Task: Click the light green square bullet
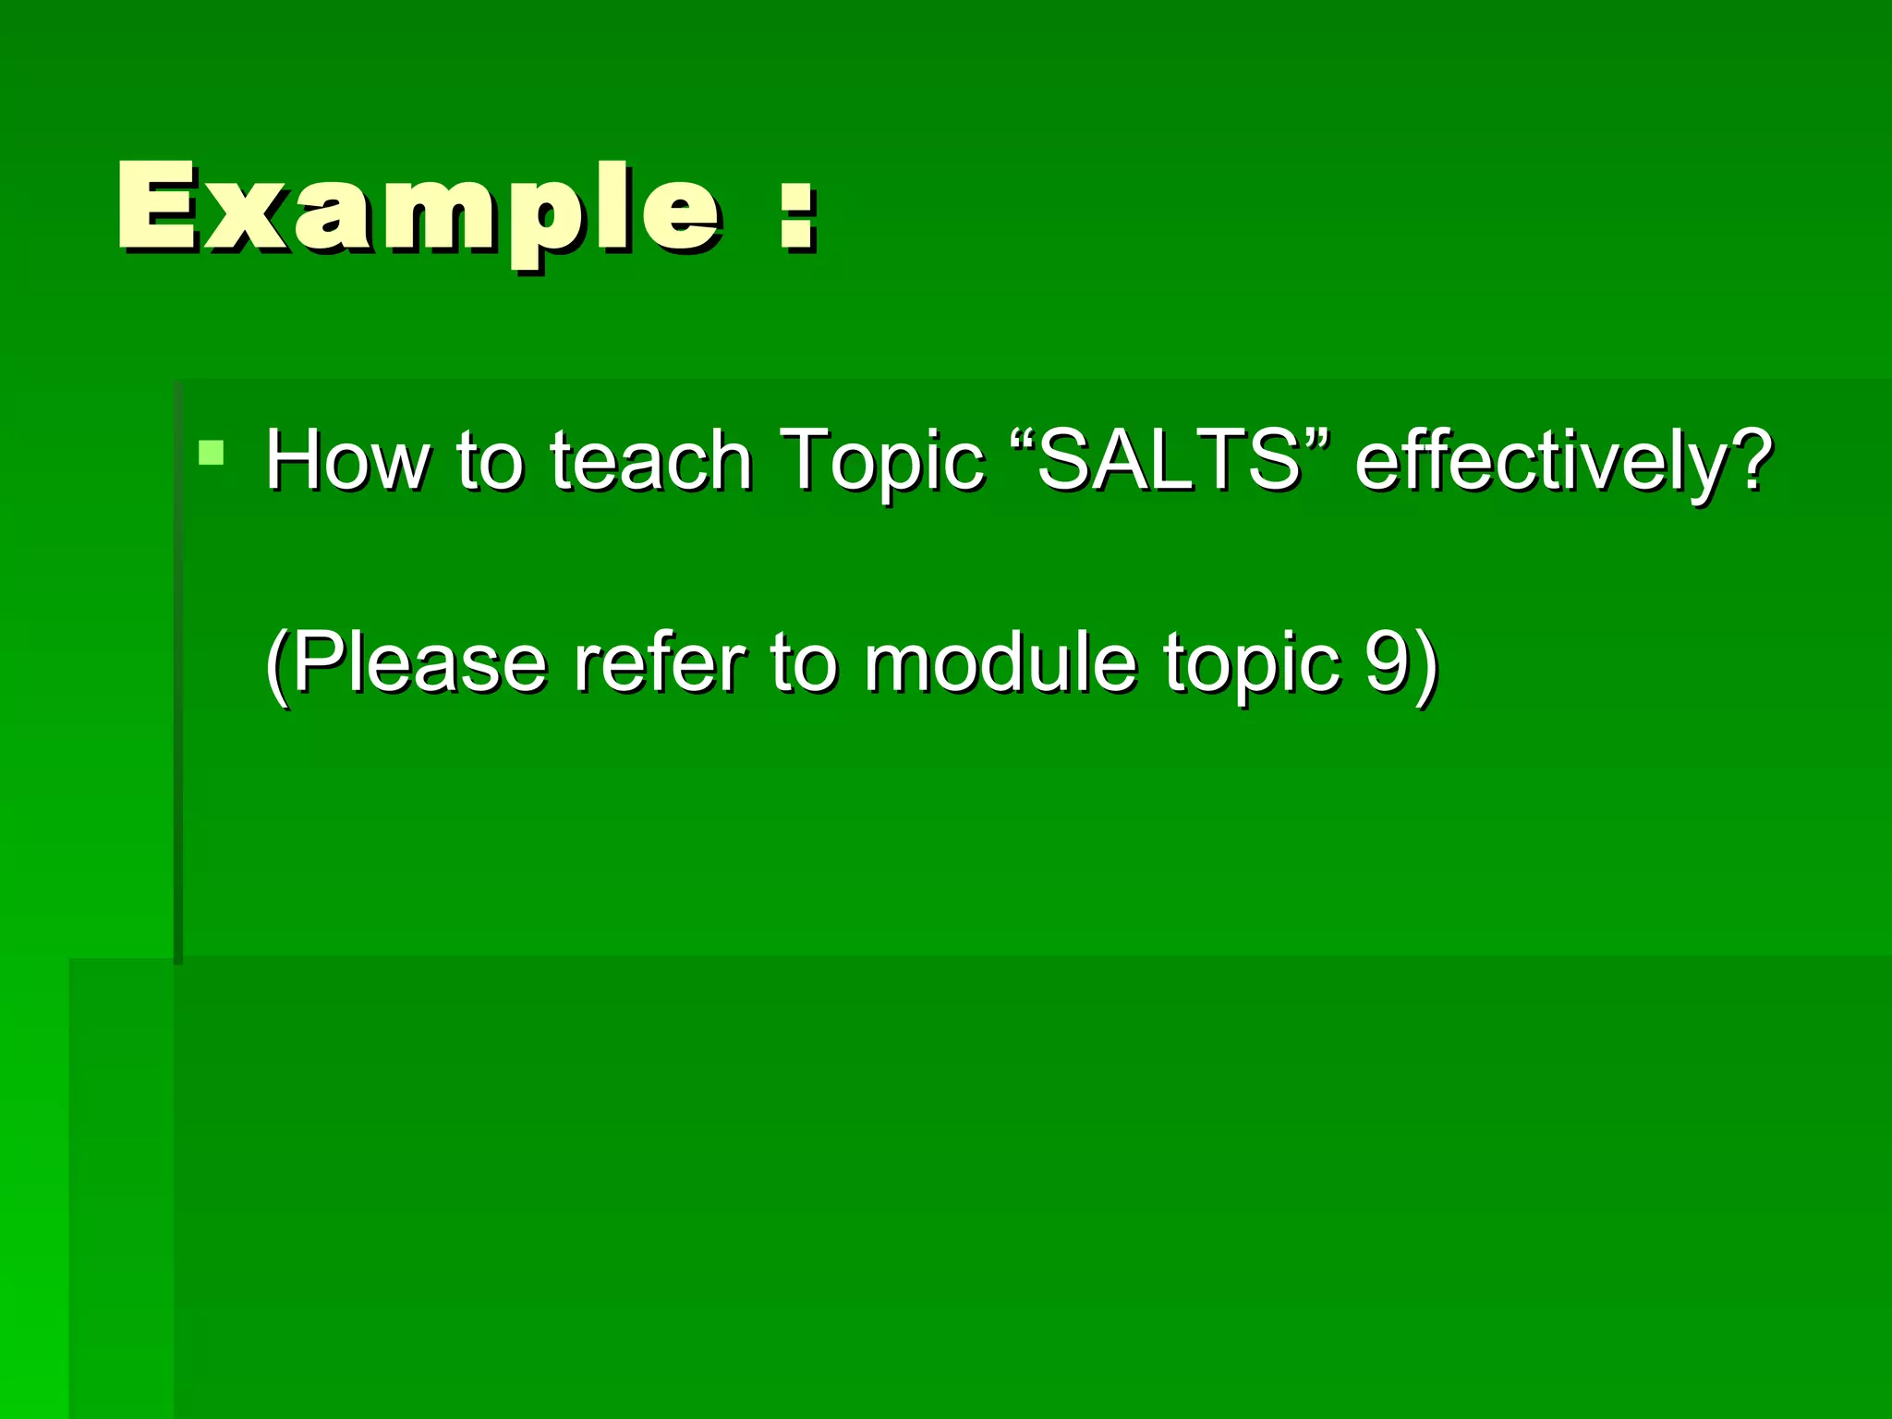click(212, 452)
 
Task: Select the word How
click(346, 459)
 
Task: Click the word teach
click(651, 459)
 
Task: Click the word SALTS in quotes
click(1170, 459)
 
